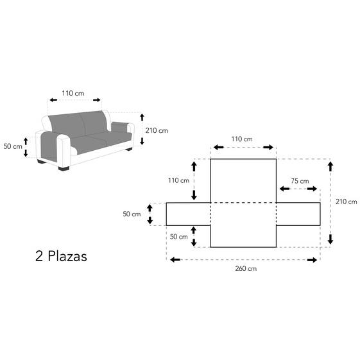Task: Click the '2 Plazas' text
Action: tap(61, 256)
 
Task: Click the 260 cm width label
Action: tap(246, 268)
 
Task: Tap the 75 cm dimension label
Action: tap(300, 181)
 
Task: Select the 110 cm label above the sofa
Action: tap(73, 93)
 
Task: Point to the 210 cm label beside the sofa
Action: tap(157, 130)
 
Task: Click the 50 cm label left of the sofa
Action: tap(13, 146)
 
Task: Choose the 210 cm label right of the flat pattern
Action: tap(347, 201)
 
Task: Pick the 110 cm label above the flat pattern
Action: tap(242, 139)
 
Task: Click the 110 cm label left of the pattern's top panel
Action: tap(178, 180)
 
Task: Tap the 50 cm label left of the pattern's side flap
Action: tap(132, 214)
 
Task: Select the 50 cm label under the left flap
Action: tap(179, 237)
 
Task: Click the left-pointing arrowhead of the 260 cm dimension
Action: tap(175, 260)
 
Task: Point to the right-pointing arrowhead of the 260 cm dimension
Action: tap(313, 260)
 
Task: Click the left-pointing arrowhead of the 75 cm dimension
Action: tap(284, 189)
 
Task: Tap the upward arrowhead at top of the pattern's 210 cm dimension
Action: tap(330, 166)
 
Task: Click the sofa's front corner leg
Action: tap(64, 169)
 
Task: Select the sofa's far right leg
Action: tap(129, 150)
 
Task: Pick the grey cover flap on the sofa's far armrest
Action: tap(119, 127)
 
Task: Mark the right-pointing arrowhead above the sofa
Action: tap(97, 100)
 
